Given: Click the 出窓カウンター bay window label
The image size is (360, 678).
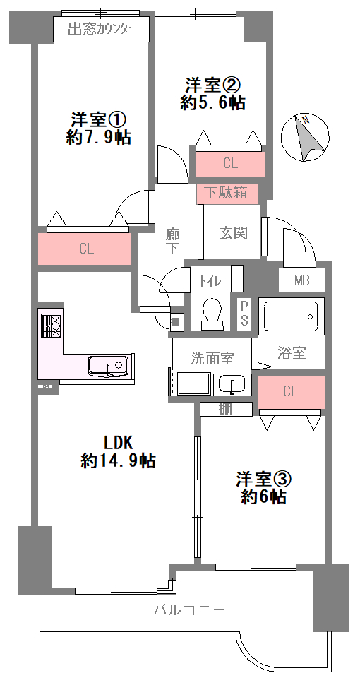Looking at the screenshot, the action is pyautogui.click(x=102, y=30).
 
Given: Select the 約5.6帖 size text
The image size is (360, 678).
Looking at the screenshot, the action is pyautogui.click(x=212, y=103).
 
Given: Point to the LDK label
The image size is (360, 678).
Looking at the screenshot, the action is pyautogui.click(x=119, y=443).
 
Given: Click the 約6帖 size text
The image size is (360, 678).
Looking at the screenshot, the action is pyautogui.click(x=263, y=496).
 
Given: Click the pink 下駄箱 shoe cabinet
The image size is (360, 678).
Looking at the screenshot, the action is pyautogui.click(x=227, y=194).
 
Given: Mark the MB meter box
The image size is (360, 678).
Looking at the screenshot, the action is pyautogui.click(x=301, y=280).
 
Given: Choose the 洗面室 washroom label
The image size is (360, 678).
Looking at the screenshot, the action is pyautogui.click(x=212, y=358).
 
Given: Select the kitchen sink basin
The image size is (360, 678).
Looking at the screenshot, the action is pyautogui.click(x=108, y=367).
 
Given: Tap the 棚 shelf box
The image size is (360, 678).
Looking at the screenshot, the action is pyautogui.click(x=226, y=409).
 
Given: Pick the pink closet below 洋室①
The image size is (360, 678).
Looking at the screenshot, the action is pyautogui.click(x=85, y=249).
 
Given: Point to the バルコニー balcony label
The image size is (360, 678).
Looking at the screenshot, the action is pyautogui.click(x=190, y=610).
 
